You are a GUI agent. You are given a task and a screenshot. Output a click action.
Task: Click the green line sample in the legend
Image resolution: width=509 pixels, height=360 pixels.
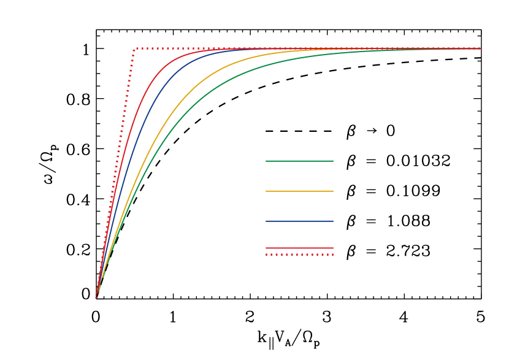(299, 161)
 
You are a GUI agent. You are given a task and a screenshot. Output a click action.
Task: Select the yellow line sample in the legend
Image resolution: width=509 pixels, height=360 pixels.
(299, 191)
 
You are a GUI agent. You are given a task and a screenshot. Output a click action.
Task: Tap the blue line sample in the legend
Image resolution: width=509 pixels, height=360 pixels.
(299, 221)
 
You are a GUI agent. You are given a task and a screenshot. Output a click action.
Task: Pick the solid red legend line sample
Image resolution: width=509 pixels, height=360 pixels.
(299, 248)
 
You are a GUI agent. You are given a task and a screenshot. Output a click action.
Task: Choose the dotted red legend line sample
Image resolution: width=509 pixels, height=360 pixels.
(299, 254)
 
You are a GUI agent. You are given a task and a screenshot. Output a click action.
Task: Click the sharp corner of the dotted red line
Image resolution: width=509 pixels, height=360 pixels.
(134, 48)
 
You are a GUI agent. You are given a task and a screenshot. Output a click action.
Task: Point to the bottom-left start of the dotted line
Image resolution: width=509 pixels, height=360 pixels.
(96, 297)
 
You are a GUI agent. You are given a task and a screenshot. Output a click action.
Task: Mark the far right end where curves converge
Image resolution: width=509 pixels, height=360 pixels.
(480, 48)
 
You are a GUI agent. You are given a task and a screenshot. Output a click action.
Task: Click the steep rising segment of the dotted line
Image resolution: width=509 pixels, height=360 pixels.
(115, 172)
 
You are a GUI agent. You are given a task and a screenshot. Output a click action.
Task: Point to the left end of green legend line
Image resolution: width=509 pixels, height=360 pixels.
(266, 161)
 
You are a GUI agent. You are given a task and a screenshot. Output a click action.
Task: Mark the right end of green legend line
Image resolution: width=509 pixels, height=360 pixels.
(333, 161)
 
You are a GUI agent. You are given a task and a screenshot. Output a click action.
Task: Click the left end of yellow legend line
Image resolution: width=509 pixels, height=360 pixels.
(266, 191)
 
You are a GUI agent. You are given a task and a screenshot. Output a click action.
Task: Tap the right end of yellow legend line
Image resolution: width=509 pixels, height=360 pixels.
(333, 191)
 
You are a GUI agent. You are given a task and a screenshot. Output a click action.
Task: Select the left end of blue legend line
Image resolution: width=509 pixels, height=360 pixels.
(266, 221)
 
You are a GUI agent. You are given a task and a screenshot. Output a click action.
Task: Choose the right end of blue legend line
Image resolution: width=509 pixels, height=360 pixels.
(333, 221)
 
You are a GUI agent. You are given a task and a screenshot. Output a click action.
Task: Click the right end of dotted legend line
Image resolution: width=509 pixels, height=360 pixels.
(332, 254)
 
